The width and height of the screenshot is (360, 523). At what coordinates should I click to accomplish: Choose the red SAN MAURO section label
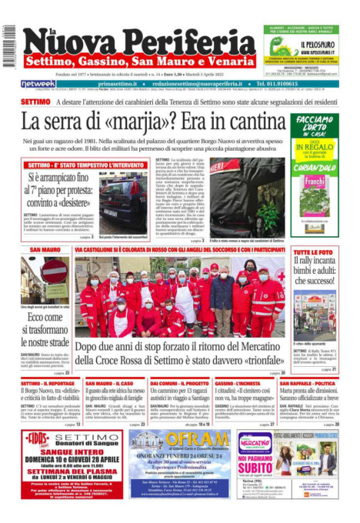(45, 251)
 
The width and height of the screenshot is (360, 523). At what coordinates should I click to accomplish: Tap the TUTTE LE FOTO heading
(313, 253)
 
